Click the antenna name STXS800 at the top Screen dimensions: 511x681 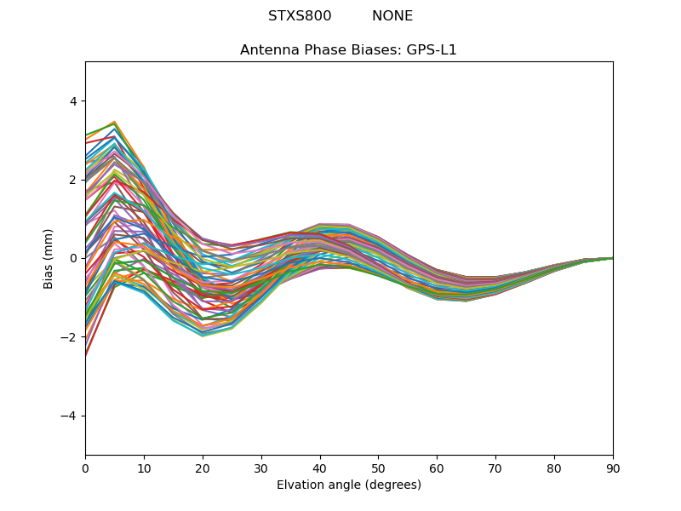pos(300,16)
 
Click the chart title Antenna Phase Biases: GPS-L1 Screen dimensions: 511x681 pos(348,50)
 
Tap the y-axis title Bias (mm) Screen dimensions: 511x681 pos(49,258)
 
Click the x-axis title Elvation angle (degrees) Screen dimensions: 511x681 pos(348,485)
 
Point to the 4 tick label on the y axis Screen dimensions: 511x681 pos(72,101)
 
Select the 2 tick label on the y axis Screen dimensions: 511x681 pos(72,180)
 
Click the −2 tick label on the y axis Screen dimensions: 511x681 pos(69,337)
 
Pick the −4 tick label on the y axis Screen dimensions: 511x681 pos(69,416)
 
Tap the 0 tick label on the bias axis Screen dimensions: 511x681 pos(72,258)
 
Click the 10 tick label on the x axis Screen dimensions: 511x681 pos(144,468)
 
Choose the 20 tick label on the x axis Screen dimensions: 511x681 pos(203,468)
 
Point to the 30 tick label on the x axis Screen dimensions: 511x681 pos(261,468)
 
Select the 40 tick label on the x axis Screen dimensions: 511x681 pos(320,468)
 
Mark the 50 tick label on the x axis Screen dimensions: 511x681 pos(378,468)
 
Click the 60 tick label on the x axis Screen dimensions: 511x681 pos(437,468)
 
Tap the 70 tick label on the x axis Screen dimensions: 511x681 pos(495,468)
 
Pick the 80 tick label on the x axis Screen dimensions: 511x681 pos(554,468)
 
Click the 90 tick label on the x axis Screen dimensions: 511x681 pos(613,468)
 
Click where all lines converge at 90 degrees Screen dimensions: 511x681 pos(612,258)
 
